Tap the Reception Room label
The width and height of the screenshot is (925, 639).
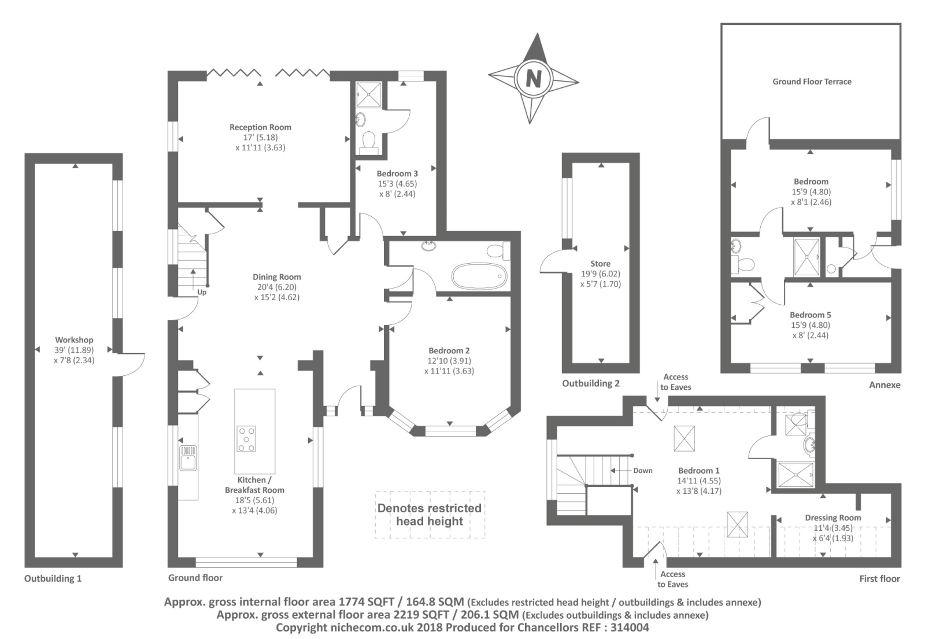260,127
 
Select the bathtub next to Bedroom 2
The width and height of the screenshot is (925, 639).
479,276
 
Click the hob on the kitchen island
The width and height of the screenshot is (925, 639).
246,439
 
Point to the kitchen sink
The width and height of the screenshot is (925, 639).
188,457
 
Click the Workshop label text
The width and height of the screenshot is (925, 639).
75,340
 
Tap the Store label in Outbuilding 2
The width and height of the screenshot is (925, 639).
601,264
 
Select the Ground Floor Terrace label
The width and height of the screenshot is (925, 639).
812,82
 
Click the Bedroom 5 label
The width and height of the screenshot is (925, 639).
810,315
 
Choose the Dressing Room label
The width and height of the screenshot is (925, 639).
833,518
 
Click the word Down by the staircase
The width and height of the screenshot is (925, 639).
643,471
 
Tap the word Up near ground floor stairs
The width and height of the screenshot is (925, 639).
202,292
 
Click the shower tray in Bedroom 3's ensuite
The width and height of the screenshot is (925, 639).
369,95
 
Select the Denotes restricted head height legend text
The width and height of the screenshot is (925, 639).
430,514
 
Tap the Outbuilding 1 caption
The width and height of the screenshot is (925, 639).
53,578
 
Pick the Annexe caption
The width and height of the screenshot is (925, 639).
885,385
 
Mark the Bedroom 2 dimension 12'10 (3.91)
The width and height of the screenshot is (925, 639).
449,361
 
